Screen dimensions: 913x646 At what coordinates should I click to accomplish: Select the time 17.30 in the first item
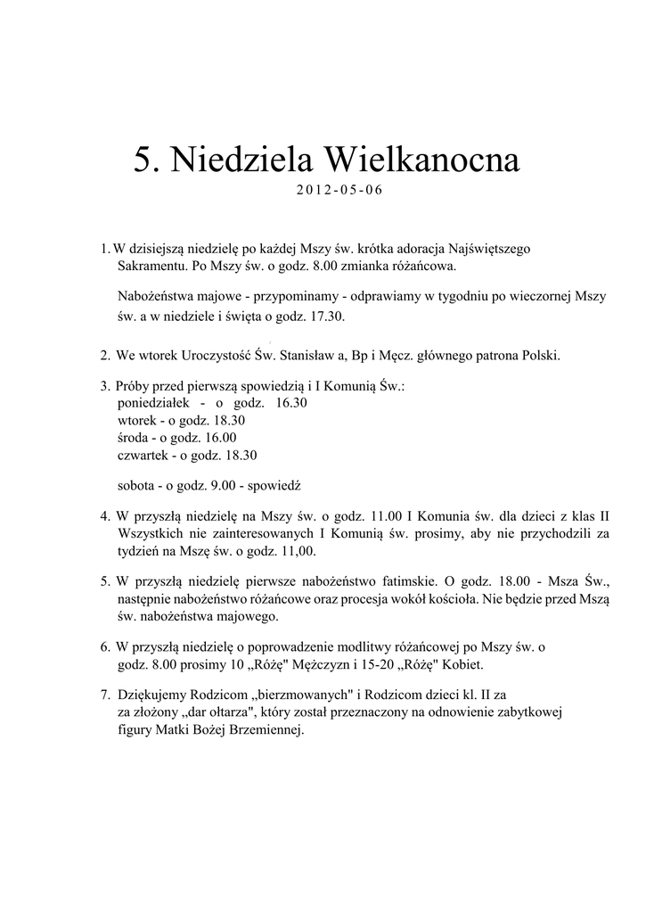tap(326, 317)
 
